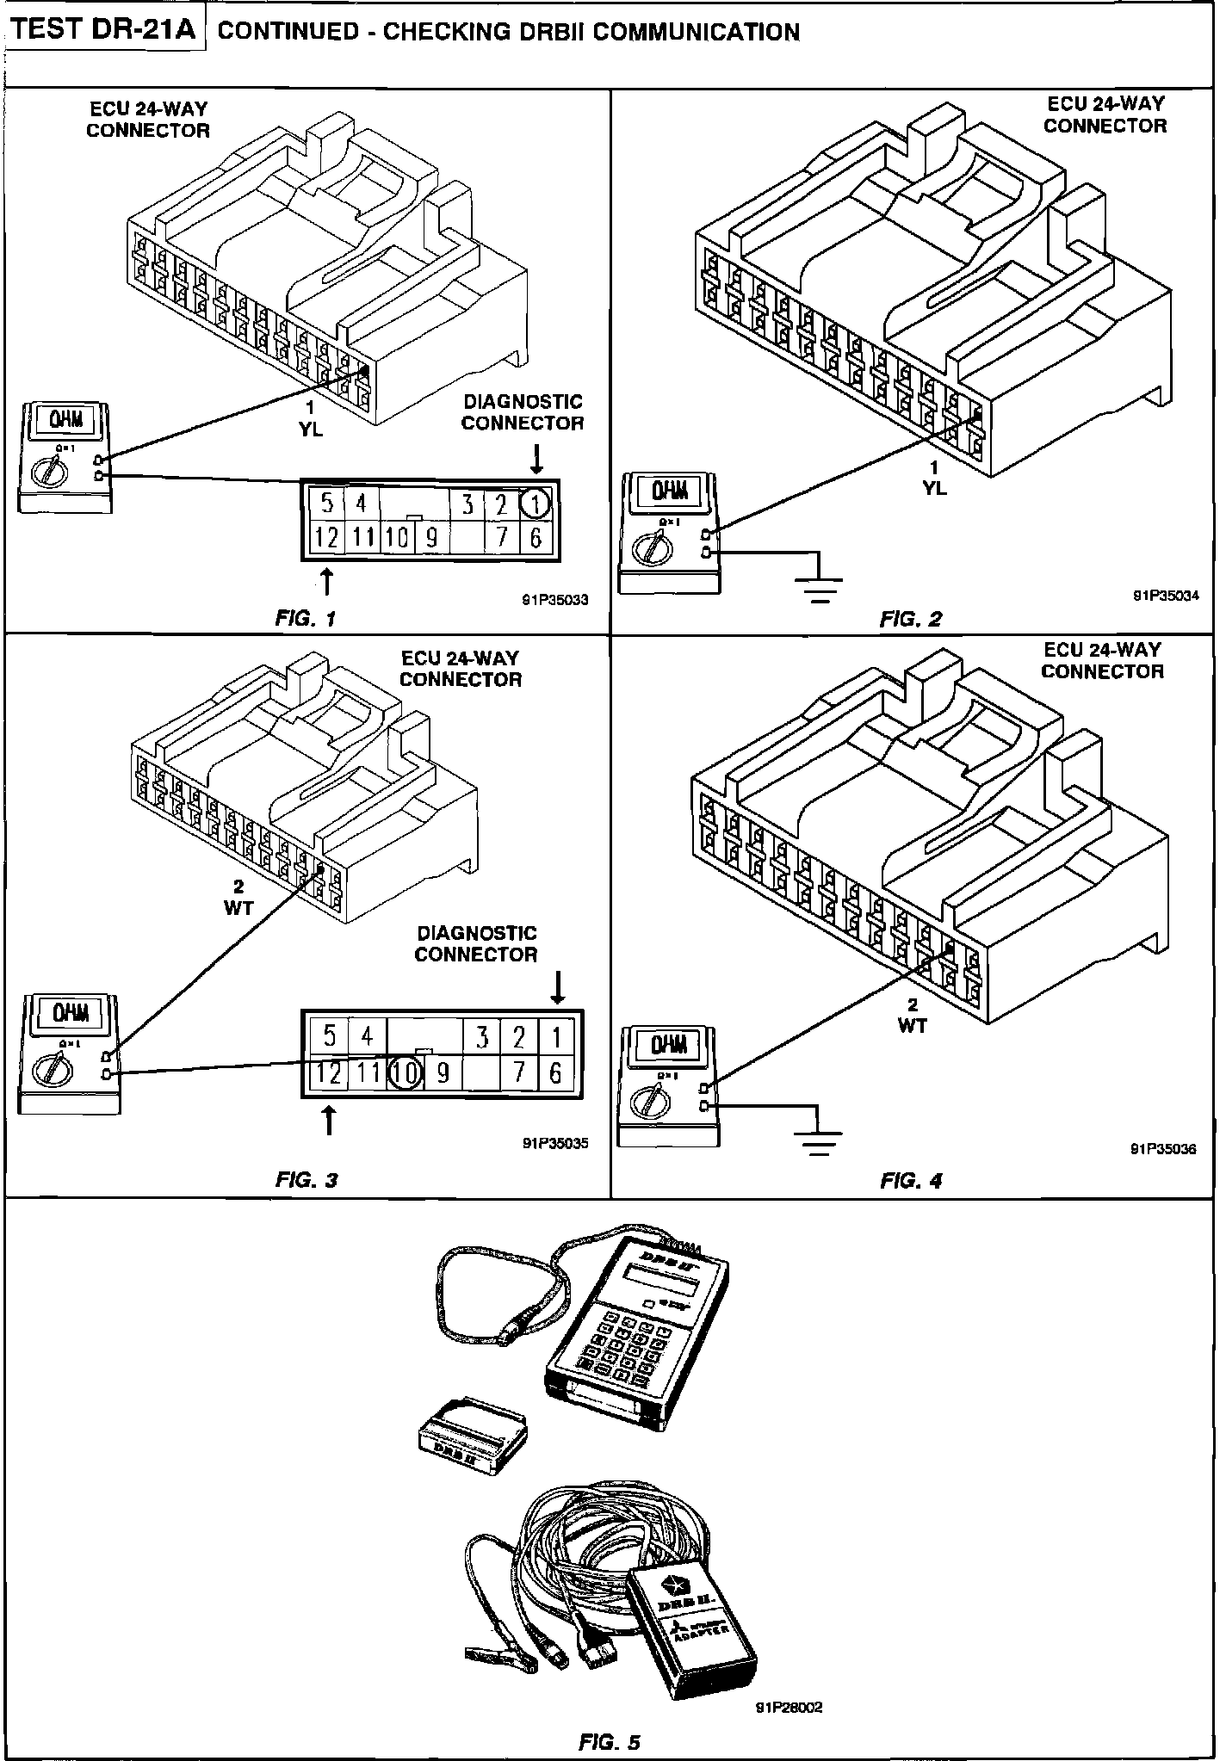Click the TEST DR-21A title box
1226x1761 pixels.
[103, 31]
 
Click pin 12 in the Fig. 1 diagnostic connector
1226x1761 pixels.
[326, 538]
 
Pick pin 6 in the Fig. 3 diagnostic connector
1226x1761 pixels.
[556, 1072]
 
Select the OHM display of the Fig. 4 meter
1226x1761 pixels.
[669, 1046]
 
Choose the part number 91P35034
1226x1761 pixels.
[1165, 595]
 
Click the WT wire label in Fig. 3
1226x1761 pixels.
[238, 908]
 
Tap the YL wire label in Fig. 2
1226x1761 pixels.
[934, 488]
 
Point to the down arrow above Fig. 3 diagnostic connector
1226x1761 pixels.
[559, 987]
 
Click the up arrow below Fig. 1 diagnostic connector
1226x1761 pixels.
[327, 582]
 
